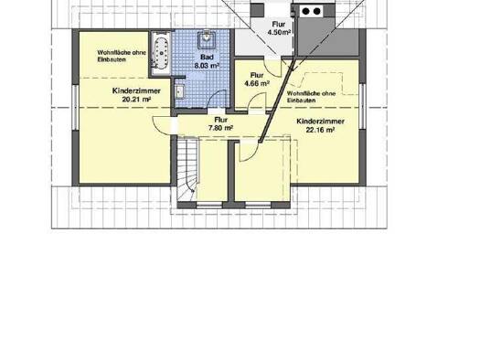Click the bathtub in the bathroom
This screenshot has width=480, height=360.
[x=161, y=53]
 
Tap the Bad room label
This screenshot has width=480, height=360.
[x=207, y=58]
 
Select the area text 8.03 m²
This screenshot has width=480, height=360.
[x=207, y=65]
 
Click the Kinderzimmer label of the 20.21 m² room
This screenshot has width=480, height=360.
[x=136, y=90]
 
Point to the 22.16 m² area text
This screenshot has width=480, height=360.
[x=320, y=130]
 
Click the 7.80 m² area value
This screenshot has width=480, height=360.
[x=220, y=128]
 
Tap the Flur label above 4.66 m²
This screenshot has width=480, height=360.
[x=257, y=75]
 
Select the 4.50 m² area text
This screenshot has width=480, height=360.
[x=279, y=32]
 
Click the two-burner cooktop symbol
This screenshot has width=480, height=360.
[x=312, y=12]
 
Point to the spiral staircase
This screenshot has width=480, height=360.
[x=187, y=169]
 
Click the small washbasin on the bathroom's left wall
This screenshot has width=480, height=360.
[x=179, y=91]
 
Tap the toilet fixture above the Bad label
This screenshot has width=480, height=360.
[x=207, y=40]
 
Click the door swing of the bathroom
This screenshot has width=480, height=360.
[x=218, y=98]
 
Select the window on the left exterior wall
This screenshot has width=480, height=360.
[x=75, y=107]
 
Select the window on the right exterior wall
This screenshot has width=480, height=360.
[x=362, y=106]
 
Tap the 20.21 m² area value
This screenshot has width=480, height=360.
[x=136, y=99]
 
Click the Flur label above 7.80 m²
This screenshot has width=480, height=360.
[x=220, y=120]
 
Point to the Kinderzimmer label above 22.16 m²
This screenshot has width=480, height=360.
[x=321, y=122]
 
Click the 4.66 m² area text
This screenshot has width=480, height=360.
[x=257, y=83]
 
